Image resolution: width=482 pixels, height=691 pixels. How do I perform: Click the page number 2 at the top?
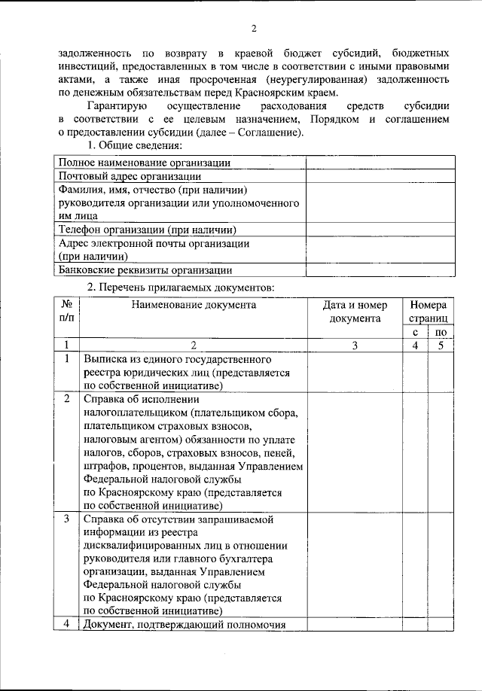(254, 29)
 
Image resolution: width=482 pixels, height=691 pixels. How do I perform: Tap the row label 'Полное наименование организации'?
(145, 162)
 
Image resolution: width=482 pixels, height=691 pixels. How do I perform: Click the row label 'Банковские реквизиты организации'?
(145, 270)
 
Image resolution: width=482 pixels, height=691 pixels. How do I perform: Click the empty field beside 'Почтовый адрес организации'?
(380, 175)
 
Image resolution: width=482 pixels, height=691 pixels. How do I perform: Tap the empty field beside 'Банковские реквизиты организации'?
(380, 270)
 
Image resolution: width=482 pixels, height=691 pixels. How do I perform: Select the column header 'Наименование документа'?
(194, 305)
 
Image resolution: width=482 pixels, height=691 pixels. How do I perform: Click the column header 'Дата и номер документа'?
(355, 312)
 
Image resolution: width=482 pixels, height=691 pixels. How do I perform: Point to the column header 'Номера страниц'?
(428, 312)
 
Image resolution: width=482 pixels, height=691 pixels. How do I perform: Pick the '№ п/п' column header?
(67, 312)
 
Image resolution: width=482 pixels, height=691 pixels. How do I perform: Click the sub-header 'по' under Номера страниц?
(441, 331)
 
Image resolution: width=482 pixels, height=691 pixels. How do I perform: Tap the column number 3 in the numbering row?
(355, 345)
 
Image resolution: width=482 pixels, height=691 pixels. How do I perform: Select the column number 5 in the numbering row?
(441, 345)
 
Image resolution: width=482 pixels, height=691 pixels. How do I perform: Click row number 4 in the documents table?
(67, 624)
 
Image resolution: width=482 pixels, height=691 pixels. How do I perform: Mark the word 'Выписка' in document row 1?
(105, 359)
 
